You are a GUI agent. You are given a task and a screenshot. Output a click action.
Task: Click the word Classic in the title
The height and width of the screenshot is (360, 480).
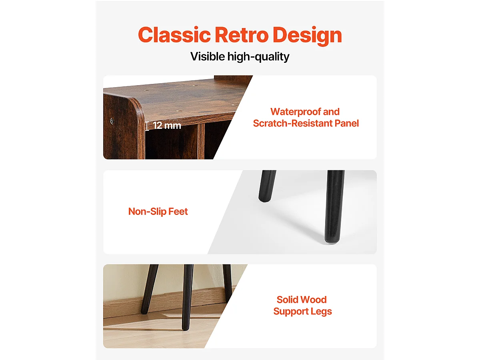point(174,35)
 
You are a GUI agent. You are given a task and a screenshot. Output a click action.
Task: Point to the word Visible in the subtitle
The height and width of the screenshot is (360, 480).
point(207,56)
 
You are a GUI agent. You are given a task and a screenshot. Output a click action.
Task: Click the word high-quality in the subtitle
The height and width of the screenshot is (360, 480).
point(258,57)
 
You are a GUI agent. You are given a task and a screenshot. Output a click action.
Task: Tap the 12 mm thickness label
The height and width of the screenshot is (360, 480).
point(167,126)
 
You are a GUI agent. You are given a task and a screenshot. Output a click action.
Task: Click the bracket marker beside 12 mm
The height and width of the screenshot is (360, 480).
point(147,126)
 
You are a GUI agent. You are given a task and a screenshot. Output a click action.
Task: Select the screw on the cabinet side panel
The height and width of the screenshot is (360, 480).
point(112,121)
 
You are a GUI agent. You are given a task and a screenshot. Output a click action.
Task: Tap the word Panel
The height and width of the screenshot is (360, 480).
point(347,123)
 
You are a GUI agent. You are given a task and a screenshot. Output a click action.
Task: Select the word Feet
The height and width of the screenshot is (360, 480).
point(178,211)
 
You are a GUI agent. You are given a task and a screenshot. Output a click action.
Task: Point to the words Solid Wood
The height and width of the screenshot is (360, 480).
point(302,300)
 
